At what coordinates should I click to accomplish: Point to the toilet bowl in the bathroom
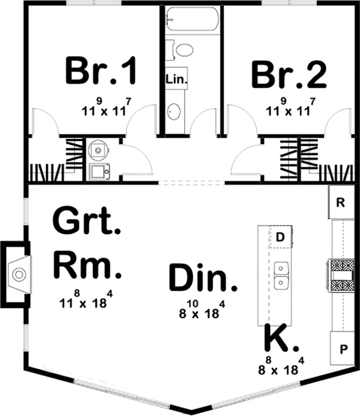point(184,50)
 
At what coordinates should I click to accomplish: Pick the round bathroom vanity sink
point(174,112)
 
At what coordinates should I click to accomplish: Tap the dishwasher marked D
point(280,237)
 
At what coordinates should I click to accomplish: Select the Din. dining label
point(203,278)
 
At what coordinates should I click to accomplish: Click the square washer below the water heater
point(99,172)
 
